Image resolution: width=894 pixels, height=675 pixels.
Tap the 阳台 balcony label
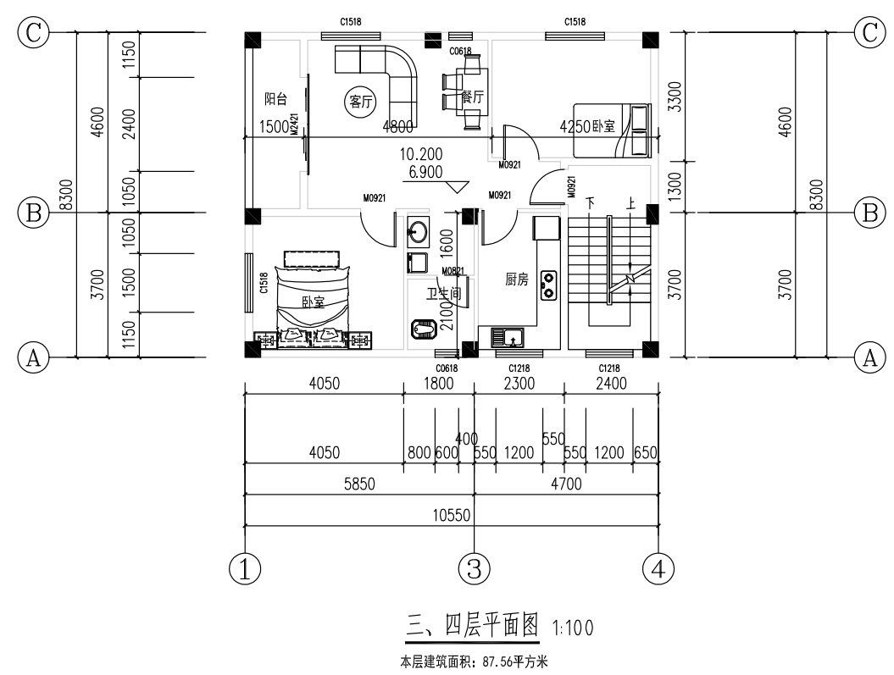(x=275, y=99)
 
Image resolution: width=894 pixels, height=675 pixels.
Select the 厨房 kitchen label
(x=517, y=279)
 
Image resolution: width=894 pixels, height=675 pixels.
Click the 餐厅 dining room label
(x=472, y=97)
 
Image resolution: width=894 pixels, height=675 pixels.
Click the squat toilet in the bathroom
(x=423, y=328)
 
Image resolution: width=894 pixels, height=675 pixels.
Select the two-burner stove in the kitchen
(x=548, y=285)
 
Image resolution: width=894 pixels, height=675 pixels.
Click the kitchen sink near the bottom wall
(x=510, y=338)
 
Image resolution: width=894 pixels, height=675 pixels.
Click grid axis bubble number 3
(x=474, y=567)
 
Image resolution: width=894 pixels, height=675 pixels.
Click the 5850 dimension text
(x=359, y=484)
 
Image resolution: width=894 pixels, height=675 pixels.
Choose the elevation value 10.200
(x=421, y=155)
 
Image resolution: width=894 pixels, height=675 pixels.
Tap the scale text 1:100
(x=573, y=628)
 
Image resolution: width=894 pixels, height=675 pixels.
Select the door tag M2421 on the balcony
(x=295, y=125)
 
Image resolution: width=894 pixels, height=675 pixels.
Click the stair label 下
(x=591, y=203)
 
